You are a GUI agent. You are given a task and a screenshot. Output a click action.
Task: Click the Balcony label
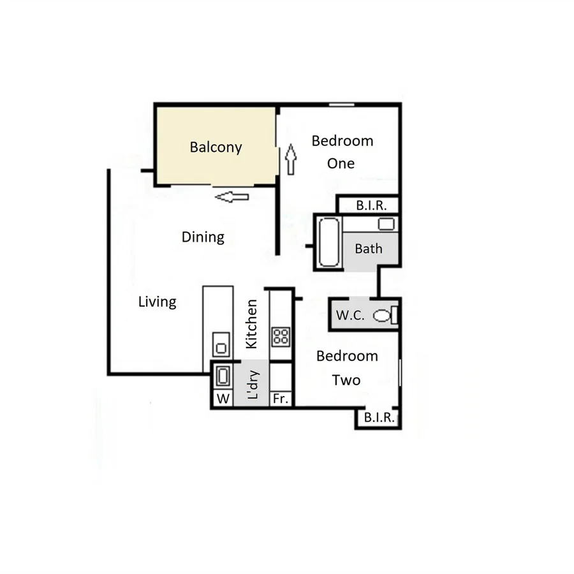[x=216, y=147]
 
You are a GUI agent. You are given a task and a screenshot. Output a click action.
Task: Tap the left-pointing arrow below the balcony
[x=232, y=197]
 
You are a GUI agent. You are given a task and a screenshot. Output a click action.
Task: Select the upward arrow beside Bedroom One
[x=291, y=159]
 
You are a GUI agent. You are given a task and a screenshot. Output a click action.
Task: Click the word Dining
[x=203, y=237]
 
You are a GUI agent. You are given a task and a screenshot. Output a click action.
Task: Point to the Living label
[x=157, y=302]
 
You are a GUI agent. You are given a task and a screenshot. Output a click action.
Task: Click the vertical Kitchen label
[x=251, y=324]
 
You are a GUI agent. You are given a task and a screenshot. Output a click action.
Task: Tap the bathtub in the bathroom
[x=329, y=243]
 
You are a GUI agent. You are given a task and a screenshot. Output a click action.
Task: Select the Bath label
[x=369, y=249]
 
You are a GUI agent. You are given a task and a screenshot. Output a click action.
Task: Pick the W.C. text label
[x=350, y=315]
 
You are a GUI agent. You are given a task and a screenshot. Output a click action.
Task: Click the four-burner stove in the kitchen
[x=281, y=336]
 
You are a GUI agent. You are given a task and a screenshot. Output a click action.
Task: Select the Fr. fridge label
[x=281, y=399]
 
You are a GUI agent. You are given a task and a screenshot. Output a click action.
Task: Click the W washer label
[x=223, y=399]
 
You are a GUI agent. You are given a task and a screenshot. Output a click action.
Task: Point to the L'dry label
[x=253, y=385]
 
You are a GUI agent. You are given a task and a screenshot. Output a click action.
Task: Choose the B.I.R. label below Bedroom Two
[x=378, y=418]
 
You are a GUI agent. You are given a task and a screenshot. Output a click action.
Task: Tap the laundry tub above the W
[x=223, y=376]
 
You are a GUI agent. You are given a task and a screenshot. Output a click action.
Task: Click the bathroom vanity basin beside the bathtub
[x=386, y=224]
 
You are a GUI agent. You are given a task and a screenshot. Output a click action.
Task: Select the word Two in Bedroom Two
[x=346, y=380]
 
